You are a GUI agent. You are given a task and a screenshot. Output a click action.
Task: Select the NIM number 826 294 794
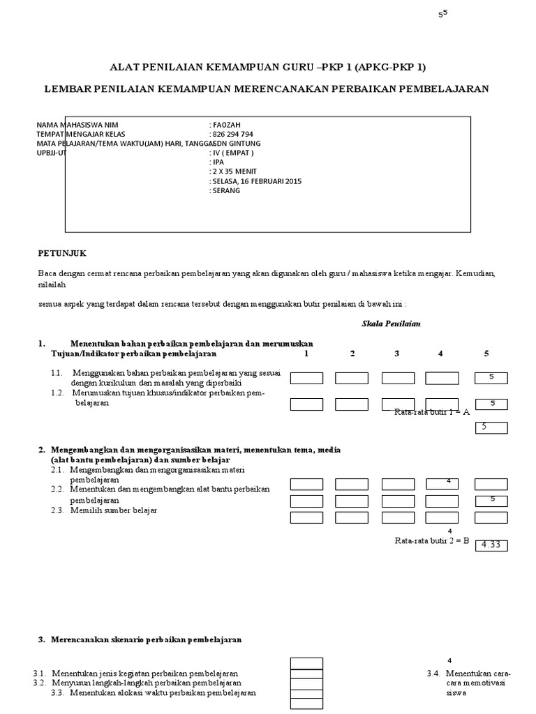(232, 134)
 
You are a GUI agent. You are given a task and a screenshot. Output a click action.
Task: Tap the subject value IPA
(218, 162)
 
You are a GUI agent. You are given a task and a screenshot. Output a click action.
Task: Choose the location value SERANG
(226, 190)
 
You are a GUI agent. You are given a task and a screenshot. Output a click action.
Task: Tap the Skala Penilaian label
(391, 324)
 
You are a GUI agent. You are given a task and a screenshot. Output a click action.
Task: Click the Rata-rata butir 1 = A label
(432, 412)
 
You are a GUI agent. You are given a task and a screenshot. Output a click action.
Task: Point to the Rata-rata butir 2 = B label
(432, 540)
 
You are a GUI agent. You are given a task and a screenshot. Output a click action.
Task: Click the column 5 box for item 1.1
(491, 378)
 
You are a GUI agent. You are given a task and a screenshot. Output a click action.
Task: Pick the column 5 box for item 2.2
(491, 501)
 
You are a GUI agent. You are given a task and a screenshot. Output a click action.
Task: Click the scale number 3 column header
(396, 354)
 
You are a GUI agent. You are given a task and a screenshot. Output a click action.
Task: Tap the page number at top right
(442, 13)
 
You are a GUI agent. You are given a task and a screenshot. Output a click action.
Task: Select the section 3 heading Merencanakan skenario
(140, 639)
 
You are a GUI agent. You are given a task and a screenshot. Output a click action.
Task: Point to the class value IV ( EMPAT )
(233, 153)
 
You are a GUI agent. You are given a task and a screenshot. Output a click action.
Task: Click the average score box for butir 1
(491, 427)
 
